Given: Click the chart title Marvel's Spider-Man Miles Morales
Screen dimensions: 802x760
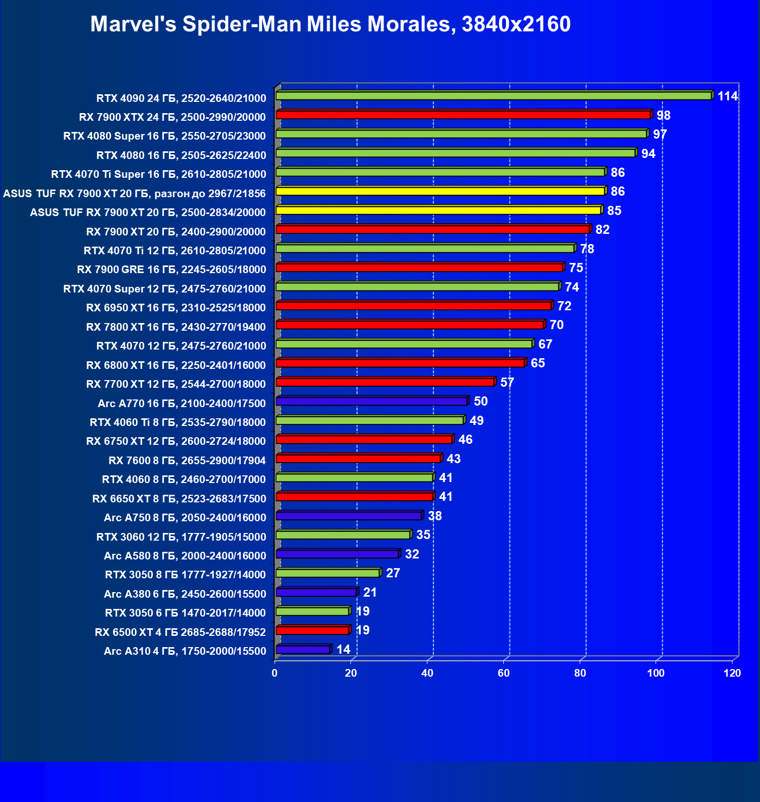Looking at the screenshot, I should coord(330,24).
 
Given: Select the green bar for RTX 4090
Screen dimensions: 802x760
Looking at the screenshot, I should coord(493,96).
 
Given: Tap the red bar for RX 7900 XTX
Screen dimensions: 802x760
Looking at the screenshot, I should coord(463,115).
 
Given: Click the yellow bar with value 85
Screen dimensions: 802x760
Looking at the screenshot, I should coord(438,210).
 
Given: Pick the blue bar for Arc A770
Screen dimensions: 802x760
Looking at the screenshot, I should coord(371,402).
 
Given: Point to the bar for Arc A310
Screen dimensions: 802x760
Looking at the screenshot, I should coord(303,650).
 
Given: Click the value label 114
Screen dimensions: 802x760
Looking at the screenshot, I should coord(727,96).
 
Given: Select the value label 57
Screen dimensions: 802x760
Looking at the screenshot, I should coord(507,383).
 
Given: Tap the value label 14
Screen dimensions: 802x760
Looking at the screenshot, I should coord(343,650).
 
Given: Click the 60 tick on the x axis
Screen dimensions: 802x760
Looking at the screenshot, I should coord(504,673).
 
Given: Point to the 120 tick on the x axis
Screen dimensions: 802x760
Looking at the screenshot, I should coord(732,673).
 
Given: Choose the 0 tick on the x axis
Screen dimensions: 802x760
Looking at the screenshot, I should coord(275,673).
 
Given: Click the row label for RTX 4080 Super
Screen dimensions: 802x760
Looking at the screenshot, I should coord(165,136).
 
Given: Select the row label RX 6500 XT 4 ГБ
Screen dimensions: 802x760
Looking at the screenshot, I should coord(180,632).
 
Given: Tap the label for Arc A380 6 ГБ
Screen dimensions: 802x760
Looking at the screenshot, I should coord(185,594).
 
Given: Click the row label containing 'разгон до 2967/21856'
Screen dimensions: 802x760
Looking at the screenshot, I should coord(134,194).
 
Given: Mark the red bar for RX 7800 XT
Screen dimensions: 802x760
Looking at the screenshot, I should coord(410,325).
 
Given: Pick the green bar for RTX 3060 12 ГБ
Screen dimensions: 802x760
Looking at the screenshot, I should coord(343,535).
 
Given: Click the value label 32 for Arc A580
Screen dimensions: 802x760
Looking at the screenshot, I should coord(412,554).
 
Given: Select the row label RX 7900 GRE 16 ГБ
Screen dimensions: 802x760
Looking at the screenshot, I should coord(172,270).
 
